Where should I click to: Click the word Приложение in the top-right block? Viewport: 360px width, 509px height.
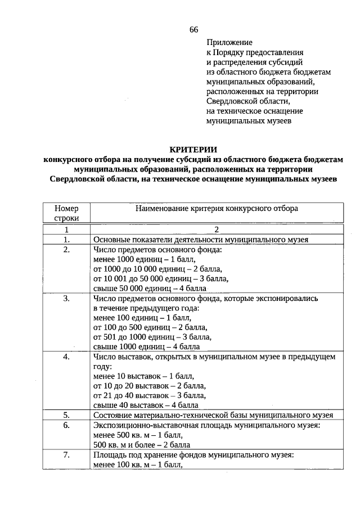point(229,42)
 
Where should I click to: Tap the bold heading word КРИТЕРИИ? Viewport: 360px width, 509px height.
point(193,149)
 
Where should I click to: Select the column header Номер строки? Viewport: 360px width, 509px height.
point(66,213)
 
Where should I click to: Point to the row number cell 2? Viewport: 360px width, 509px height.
point(66,249)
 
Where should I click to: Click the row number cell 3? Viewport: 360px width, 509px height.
point(66,299)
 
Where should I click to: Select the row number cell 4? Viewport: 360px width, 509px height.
point(66,357)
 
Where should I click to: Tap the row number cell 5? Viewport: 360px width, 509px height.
point(66,415)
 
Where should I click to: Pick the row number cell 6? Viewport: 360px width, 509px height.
point(66,425)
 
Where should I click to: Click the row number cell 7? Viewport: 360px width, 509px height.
point(66,454)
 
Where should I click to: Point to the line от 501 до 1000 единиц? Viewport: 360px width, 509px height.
point(152,337)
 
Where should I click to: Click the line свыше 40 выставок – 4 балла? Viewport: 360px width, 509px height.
point(146,405)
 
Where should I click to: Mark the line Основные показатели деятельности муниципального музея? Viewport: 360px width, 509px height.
point(201,239)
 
